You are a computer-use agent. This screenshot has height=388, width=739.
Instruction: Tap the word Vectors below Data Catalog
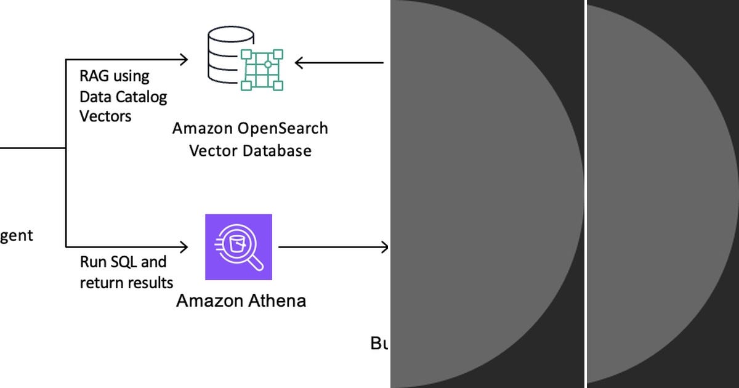click(x=105, y=116)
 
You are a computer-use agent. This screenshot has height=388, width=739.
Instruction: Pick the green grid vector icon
click(x=262, y=69)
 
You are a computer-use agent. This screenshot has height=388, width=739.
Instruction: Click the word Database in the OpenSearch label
click(x=277, y=150)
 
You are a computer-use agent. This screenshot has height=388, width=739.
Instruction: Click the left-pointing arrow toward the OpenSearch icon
click(x=339, y=62)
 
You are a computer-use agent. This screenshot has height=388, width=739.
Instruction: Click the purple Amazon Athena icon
click(x=238, y=247)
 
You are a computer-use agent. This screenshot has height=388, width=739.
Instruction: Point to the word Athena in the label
click(x=277, y=301)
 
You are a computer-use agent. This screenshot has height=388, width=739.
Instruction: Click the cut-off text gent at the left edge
click(x=16, y=236)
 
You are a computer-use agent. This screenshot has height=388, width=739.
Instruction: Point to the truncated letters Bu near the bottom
click(x=379, y=343)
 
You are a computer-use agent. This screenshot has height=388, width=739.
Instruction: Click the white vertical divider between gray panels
click(x=585, y=194)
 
